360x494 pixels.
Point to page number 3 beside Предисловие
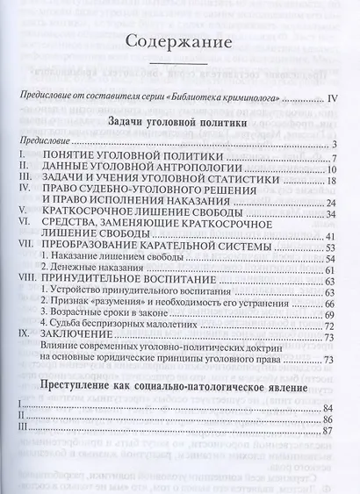336,144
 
